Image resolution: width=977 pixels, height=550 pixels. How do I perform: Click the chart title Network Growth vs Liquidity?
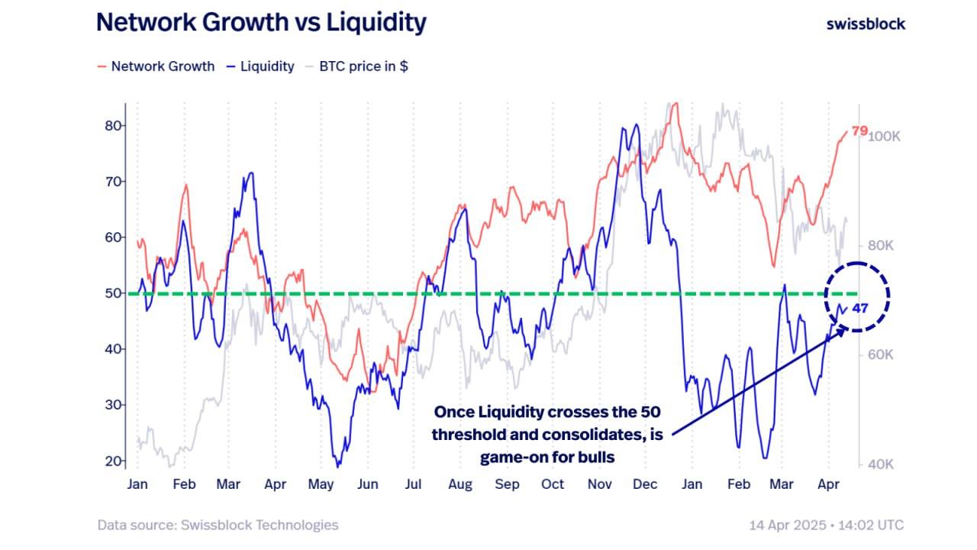(260, 23)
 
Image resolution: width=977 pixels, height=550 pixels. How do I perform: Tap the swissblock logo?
(866, 24)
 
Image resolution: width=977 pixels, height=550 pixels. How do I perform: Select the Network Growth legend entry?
(156, 66)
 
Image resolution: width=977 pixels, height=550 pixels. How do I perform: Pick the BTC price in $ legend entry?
(356, 66)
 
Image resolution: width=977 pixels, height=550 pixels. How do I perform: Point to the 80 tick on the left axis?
(115, 125)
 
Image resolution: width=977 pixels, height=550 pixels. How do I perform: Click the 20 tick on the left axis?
(115, 461)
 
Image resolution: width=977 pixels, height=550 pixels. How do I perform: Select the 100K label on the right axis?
(885, 136)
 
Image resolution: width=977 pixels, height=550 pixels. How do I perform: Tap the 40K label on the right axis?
(882, 464)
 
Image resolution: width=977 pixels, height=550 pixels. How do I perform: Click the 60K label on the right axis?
(882, 355)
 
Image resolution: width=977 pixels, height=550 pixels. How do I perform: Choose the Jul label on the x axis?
(414, 484)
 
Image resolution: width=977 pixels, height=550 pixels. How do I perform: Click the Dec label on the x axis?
(646, 484)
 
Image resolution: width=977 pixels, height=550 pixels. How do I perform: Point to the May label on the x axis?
(321, 484)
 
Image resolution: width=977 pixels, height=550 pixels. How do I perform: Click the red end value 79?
(859, 131)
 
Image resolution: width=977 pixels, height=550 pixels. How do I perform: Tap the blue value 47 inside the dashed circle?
(860, 309)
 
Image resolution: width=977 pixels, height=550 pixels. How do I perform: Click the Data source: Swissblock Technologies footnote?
(218, 525)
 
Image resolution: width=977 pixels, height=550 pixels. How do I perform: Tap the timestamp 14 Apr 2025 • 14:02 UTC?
(827, 525)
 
